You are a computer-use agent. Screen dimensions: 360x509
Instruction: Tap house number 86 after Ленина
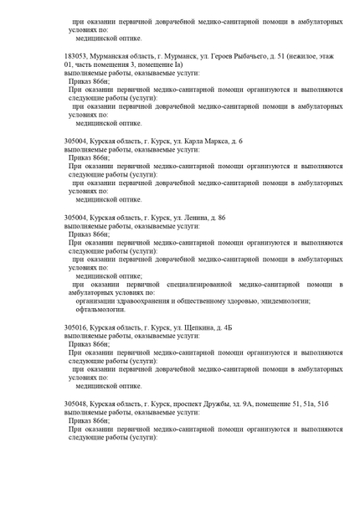220,217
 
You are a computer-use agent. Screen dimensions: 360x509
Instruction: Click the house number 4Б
227,327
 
